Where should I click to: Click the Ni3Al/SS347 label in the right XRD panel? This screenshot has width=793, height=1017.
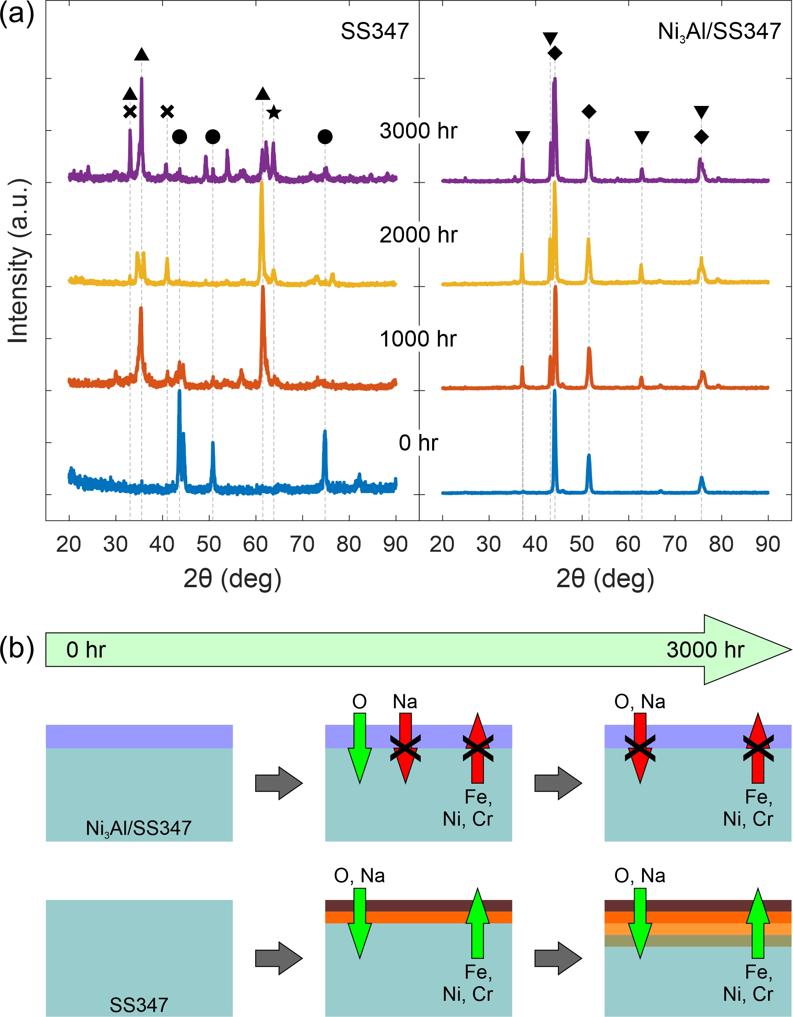[x=719, y=32]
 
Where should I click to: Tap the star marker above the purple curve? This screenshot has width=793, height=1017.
[x=274, y=112]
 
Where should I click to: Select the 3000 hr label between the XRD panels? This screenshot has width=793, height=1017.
[x=418, y=131]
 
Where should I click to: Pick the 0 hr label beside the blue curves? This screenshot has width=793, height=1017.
[x=418, y=443]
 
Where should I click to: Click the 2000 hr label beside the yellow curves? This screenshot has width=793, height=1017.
[x=418, y=235]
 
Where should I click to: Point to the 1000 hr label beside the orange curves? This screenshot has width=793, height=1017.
[x=418, y=339]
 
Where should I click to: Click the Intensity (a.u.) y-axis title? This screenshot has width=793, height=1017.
[x=19, y=261]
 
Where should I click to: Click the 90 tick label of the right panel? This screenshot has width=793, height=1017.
[x=767, y=544]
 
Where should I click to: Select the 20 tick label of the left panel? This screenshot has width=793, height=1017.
[x=68, y=544]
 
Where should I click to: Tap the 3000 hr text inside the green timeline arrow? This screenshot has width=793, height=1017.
[x=705, y=650]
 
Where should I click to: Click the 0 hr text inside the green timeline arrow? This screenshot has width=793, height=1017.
[x=86, y=650]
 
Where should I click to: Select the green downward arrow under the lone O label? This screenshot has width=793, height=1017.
[x=360, y=747]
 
